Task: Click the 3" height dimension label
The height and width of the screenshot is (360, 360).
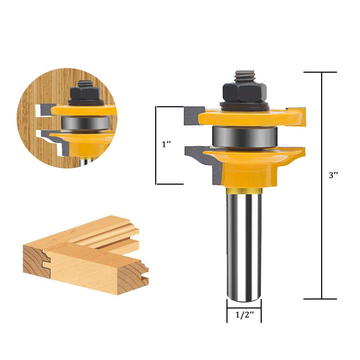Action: coord(333,175)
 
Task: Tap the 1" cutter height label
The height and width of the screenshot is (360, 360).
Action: coord(166,144)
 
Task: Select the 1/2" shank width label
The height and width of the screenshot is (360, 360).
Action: coord(245,315)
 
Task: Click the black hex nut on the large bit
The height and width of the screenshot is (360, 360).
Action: coord(245,93)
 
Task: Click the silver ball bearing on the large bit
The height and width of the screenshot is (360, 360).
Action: coord(245,137)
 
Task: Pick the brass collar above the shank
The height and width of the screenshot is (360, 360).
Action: coord(244,190)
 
